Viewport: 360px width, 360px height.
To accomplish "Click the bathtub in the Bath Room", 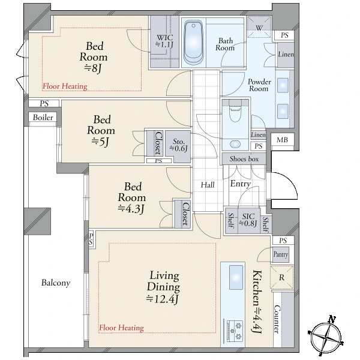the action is click(193, 43).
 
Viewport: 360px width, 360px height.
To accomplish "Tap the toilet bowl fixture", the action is click(235, 111).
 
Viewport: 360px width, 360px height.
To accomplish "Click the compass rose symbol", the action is click(326, 335).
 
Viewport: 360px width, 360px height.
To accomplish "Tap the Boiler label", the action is click(43, 118).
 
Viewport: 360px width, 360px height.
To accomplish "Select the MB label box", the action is click(282, 139).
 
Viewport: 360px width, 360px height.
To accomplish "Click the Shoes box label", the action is click(244, 158).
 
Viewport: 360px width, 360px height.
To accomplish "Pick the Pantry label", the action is click(281, 254).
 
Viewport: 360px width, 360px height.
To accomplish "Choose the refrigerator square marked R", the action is click(282, 277).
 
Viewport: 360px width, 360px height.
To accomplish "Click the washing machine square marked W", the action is click(259, 27).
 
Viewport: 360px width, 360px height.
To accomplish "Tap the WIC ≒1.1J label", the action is click(164, 41).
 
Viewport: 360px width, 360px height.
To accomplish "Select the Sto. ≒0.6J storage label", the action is click(178, 145).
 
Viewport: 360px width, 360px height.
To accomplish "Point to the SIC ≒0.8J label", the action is click(248, 220).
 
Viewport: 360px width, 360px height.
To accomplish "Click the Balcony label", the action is click(56, 283).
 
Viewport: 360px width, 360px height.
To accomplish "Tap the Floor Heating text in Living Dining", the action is click(121, 328).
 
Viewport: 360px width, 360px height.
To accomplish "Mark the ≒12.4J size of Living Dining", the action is click(163, 299).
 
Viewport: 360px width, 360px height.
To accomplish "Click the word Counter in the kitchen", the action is click(277, 319).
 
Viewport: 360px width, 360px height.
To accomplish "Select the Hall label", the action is click(208, 185).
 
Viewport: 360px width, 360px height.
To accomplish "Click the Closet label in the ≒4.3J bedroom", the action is click(185, 214).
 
